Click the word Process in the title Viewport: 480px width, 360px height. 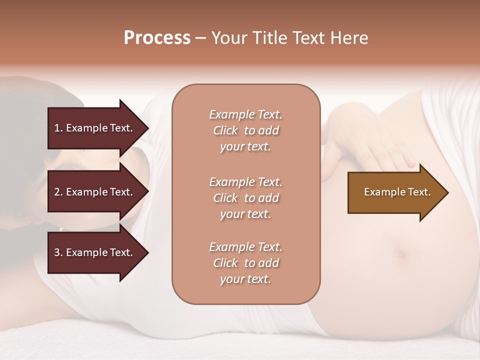[157, 38]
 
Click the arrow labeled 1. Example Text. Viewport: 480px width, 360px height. [95, 128]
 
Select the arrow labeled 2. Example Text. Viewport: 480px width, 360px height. [95, 192]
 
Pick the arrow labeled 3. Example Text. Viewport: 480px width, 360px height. [95, 252]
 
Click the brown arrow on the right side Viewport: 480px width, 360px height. [395, 192]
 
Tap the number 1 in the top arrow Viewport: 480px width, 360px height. [57, 128]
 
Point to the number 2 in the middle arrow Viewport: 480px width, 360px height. [57, 192]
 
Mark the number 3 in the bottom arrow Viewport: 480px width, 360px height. [57, 252]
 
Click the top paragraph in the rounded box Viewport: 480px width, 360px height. [245, 130]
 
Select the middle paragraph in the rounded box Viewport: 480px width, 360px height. [245, 198]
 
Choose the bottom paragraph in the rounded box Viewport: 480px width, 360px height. [245, 263]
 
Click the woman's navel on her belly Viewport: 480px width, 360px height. [400, 254]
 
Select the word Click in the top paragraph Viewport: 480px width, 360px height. [225, 130]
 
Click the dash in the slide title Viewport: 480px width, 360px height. [200, 38]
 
